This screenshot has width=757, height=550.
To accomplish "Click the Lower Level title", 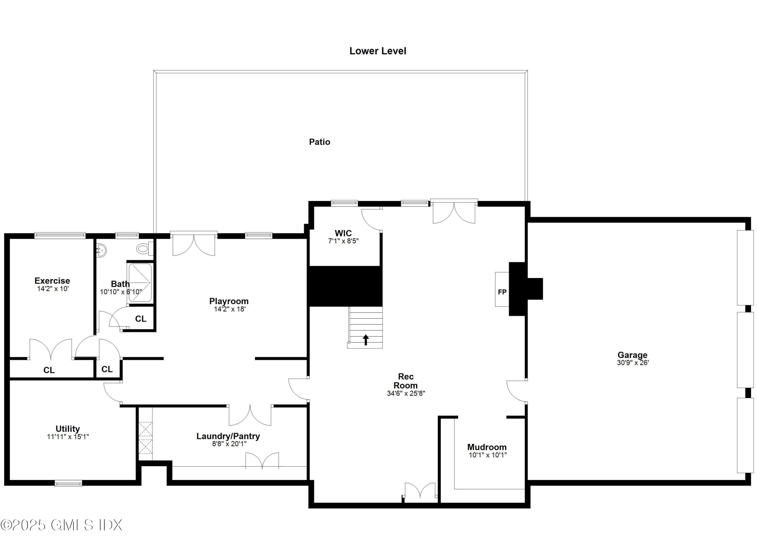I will coord(377,51).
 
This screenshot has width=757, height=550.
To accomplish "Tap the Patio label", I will coord(319,142).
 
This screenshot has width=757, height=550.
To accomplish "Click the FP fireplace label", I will coord(502,292).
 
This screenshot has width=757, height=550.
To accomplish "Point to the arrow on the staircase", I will coord(366,339).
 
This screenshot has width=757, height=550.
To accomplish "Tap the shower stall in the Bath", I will coord(140,283).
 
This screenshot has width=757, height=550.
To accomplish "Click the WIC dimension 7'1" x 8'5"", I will coord(343,241).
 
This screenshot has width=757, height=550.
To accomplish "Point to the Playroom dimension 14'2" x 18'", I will coord(229,309).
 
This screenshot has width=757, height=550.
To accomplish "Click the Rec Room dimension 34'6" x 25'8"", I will coord(405,393).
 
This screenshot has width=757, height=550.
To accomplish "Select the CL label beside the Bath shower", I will coord(141,319).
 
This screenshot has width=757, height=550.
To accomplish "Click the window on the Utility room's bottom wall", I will coord(68,483).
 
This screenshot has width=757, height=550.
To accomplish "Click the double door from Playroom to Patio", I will coord(194,244).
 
